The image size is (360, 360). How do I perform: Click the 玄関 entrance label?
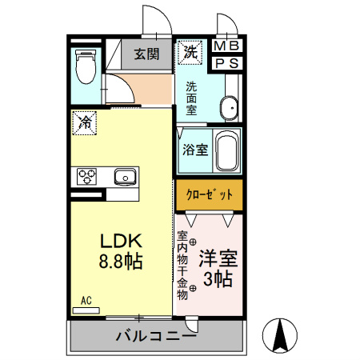[x=146, y=54]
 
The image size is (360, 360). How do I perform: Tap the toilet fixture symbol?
[x=84, y=66]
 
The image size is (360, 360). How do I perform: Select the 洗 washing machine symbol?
[x=190, y=53]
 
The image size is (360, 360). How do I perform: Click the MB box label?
[x=227, y=46]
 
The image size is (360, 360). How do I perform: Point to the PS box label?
[x=227, y=62]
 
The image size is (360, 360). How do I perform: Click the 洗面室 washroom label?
[x=192, y=98]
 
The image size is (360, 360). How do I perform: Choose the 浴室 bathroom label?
[x=194, y=149]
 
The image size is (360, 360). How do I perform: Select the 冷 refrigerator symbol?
[x=86, y=122]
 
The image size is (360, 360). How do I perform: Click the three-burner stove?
[x=86, y=176]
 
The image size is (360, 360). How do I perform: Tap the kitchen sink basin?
[x=125, y=176]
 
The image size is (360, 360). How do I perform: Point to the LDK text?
[x=121, y=241]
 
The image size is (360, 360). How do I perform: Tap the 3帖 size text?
[x=218, y=279]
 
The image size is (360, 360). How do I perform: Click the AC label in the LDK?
[x=86, y=301]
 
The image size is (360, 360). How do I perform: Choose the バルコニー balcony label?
[x=156, y=337]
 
